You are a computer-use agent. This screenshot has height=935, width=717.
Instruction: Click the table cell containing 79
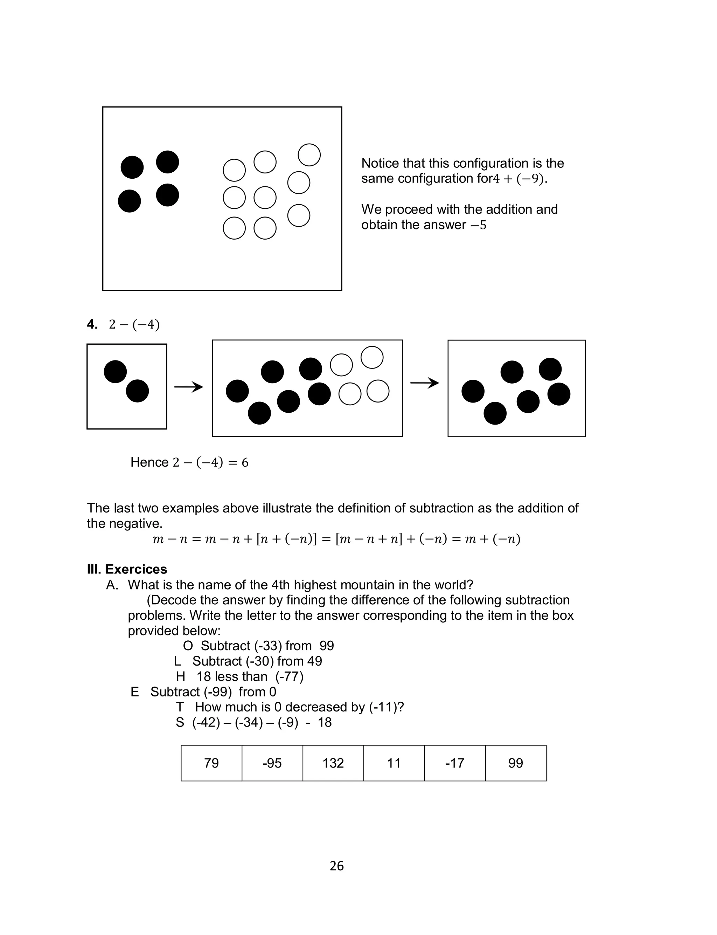pos(211,763)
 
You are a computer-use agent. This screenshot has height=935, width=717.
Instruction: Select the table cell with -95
pos(272,763)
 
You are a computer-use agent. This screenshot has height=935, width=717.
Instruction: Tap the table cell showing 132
pos(333,763)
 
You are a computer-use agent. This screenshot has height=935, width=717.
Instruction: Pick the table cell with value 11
pos(394,763)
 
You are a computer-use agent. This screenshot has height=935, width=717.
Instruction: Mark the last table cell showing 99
pos(516,763)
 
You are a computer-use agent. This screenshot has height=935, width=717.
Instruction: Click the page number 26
pos(337,866)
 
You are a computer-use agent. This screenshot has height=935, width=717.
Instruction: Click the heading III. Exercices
pos(127,569)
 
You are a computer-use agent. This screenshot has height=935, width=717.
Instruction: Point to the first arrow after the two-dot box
pos(189,387)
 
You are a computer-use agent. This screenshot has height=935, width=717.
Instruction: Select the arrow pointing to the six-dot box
pos(425,383)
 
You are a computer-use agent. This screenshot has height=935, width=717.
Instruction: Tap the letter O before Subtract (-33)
pos(188,646)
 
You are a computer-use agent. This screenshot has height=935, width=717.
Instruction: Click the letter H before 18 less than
pos(181,677)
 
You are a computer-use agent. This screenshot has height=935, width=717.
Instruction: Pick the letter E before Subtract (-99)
pos(134,692)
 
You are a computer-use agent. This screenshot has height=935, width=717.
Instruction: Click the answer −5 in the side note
pos(479,225)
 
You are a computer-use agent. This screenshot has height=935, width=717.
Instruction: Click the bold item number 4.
pos(92,324)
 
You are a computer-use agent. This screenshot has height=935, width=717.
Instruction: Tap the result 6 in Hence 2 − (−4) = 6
pos(245,463)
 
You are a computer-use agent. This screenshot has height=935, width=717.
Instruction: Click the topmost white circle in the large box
pos(309,154)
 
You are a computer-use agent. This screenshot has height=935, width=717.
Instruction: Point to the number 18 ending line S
pos(325,722)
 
